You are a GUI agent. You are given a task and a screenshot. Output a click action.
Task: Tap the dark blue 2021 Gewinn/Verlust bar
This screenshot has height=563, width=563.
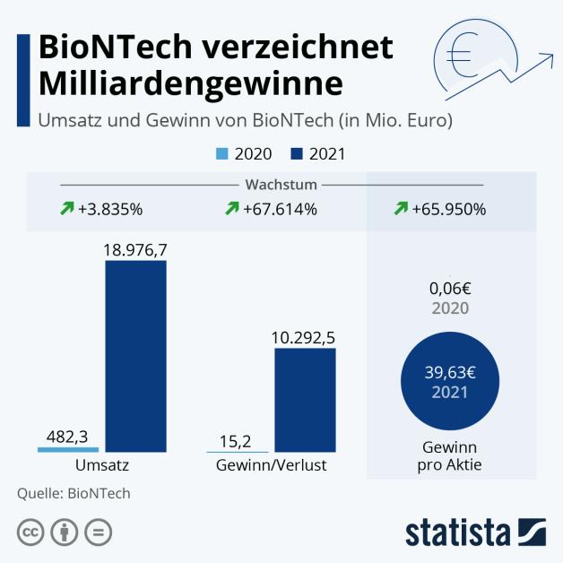coord(305,400)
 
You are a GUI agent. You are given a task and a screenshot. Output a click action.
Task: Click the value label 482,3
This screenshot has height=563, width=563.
coord(68,436)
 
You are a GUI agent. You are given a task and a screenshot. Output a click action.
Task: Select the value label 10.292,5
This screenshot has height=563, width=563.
coord(305,337)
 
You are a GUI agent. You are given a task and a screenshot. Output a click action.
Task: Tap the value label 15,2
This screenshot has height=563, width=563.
coord(234,440)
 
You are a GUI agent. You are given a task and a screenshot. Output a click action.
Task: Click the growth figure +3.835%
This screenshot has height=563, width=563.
coord(110,210)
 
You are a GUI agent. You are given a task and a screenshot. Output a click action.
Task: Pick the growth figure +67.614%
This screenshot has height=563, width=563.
coord(279,210)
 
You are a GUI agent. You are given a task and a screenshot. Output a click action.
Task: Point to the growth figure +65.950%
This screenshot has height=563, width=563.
coord(448,210)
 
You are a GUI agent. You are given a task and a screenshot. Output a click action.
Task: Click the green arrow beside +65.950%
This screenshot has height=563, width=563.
coord(401,209)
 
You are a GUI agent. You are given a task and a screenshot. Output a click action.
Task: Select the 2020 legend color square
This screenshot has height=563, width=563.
coord(224,154)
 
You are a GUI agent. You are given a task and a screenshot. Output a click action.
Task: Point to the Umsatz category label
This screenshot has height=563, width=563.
coord(101,466)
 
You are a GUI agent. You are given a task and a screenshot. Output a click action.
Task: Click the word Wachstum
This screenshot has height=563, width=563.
coord(281,185)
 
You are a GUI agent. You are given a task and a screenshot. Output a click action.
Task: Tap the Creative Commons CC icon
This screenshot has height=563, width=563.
coord(30,532)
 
